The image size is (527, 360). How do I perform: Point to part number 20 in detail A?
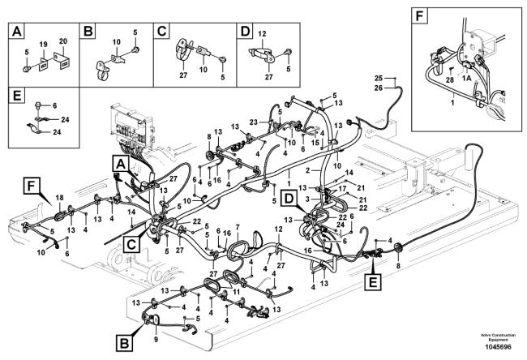click(x=62, y=41)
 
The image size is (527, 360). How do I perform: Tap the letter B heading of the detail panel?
click(x=90, y=32)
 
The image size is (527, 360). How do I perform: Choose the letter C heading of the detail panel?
click(x=162, y=32)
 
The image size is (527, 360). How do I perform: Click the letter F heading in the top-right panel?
click(x=418, y=15)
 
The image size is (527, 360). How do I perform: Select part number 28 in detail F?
click(x=449, y=79)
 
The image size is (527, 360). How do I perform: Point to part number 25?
click(x=378, y=79)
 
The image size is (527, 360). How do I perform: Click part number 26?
click(x=378, y=88)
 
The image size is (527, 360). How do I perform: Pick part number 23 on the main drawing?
click(x=253, y=122)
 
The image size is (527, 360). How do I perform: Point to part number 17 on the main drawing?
click(x=344, y=190)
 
